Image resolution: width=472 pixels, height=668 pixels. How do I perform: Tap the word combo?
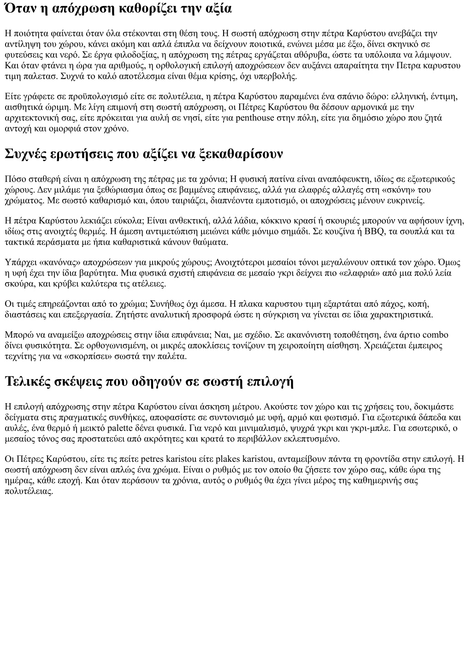[x=436, y=335]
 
